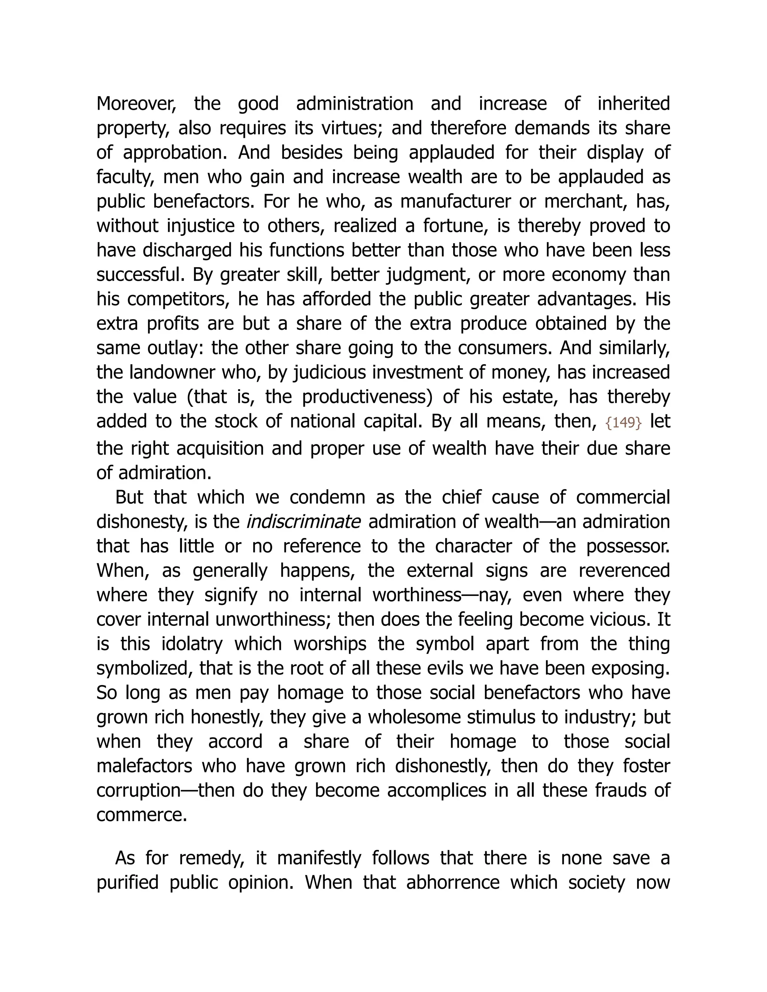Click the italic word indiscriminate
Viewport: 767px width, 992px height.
303,521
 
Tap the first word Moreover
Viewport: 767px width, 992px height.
136,104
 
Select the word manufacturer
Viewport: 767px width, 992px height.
455,201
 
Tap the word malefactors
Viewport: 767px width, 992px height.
143,766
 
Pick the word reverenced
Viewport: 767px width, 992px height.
624,570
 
